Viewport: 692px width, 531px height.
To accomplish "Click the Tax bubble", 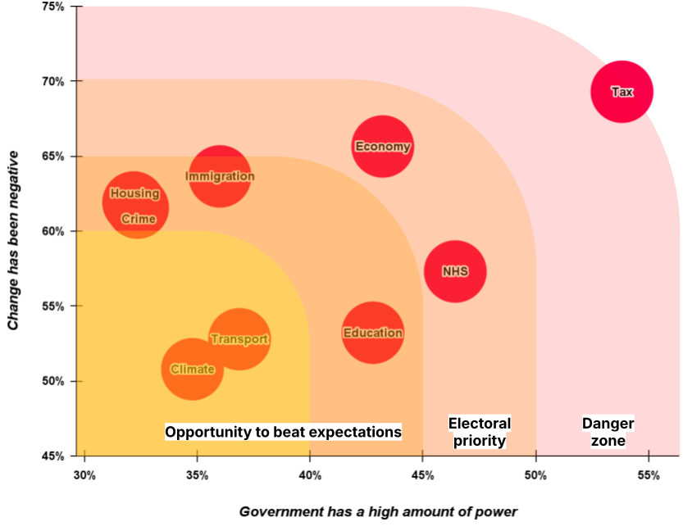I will point(622,92).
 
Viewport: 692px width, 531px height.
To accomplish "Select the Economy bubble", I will point(383,147).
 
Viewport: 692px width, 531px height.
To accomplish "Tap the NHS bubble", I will point(455,271).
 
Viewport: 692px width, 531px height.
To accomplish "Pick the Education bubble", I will point(373,333).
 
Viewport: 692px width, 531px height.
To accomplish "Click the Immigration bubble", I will point(220,176).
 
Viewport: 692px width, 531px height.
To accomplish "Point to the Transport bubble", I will point(239,339).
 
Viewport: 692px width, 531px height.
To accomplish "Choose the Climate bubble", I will point(193,369).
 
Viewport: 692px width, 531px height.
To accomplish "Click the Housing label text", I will point(134,193).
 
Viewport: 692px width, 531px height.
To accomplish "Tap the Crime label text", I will point(138,219).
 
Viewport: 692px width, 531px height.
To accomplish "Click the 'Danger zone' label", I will point(608,432).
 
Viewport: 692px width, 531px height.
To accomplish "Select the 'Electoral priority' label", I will point(480,432).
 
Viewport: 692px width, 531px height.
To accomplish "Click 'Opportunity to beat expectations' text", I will point(283,432).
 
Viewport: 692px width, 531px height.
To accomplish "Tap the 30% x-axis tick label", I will point(84,475).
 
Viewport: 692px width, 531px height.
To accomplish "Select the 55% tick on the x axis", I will point(649,475).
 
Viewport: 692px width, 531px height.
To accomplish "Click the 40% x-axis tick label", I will point(310,475).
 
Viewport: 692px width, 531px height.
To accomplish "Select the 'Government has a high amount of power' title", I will point(378,511).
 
